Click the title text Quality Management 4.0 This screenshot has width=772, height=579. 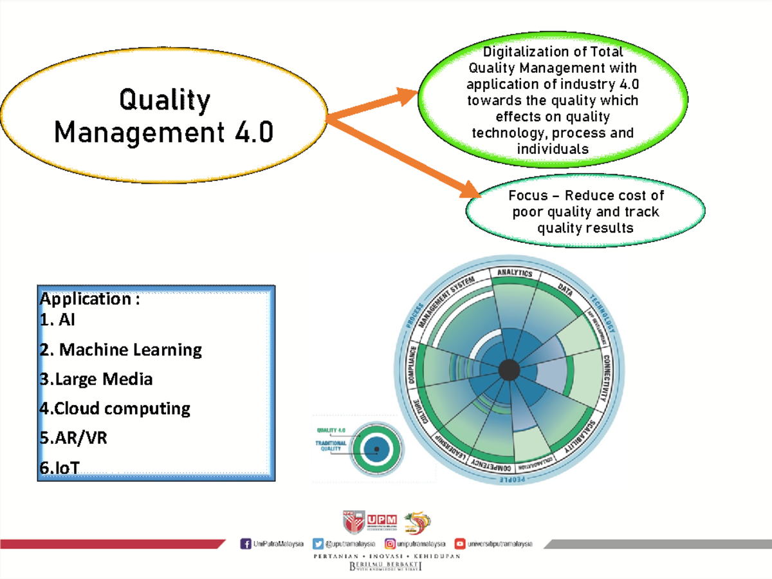point(164,117)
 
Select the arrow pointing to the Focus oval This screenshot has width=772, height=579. point(405,158)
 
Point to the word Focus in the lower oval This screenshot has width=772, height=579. point(528,196)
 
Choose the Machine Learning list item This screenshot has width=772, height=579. point(121,350)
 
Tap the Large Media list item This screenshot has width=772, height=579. point(96,379)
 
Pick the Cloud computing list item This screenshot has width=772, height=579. point(115,409)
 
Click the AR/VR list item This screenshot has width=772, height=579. point(73,439)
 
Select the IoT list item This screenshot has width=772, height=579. point(59,468)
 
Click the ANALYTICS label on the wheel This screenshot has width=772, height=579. point(515,273)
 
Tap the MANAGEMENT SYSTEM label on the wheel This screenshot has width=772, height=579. point(446,301)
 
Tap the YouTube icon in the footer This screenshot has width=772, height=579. point(460,544)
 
